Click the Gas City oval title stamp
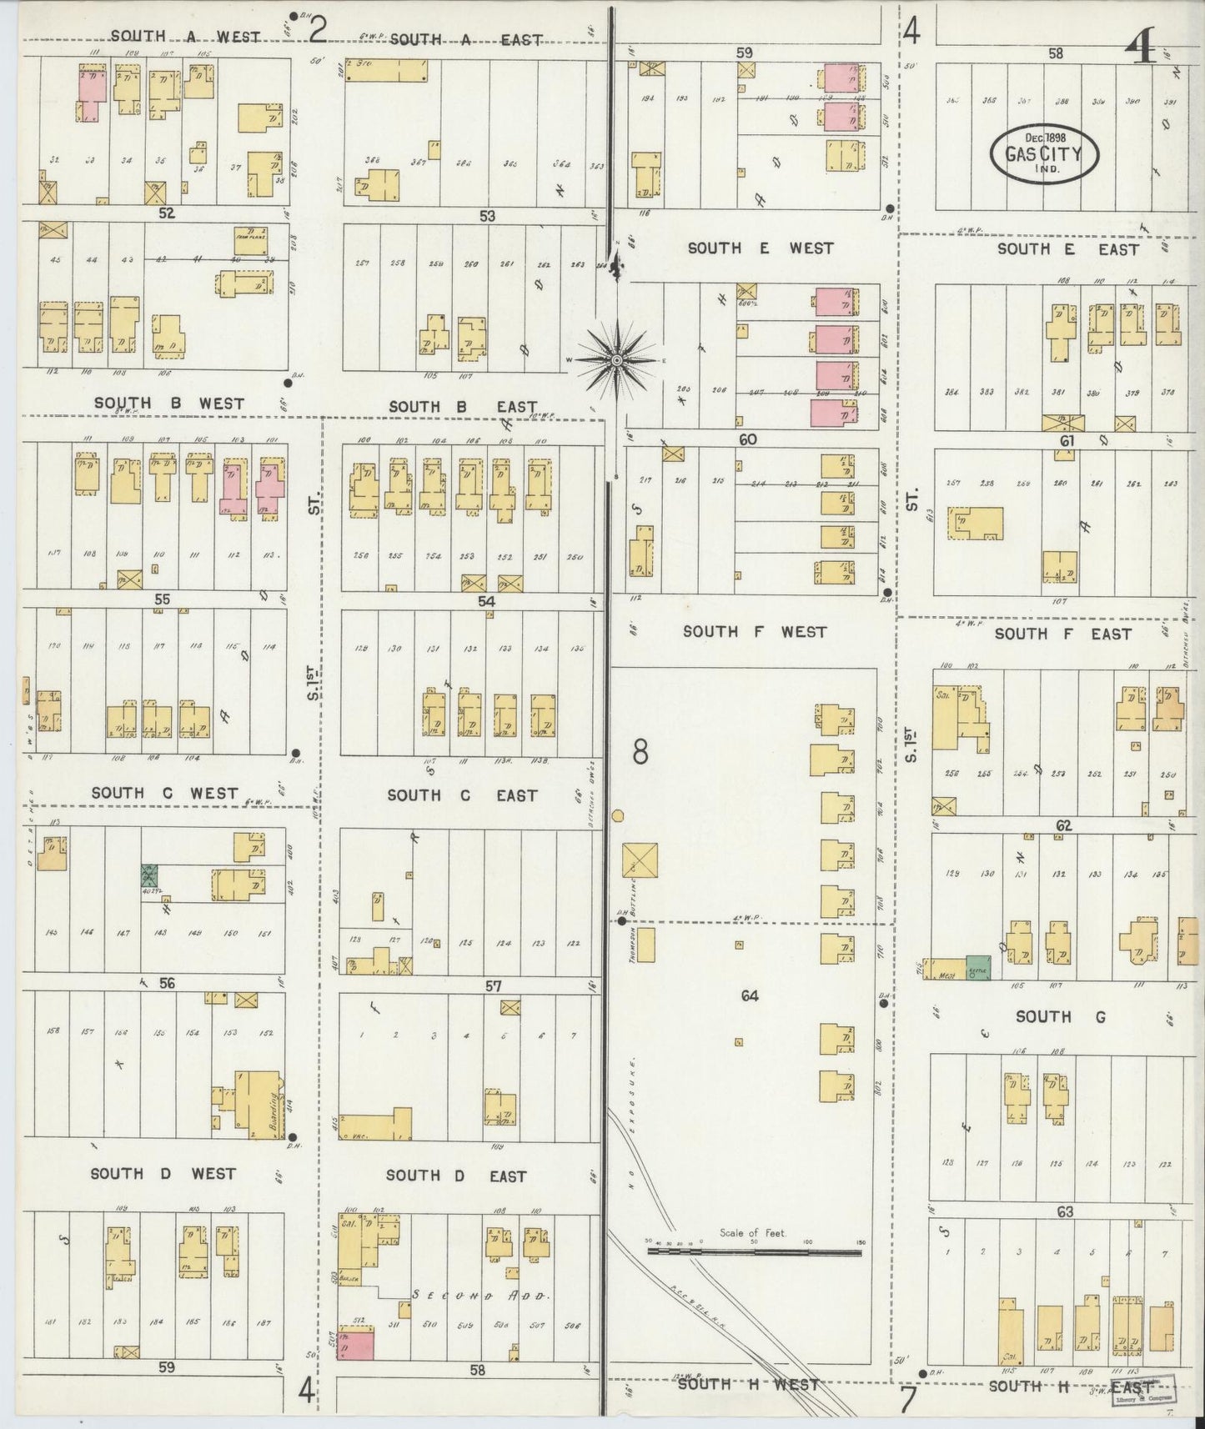tap(1044, 153)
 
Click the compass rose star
tap(615, 360)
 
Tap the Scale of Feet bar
tap(754, 1251)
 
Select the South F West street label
tap(755, 632)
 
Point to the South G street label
tap(1043, 1016)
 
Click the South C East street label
tap(462, 795)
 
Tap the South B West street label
tap(169, 404)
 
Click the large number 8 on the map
tap(640, 752)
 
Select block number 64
tap(749, 995)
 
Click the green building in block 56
tap(149, 876)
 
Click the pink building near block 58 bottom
tap(355, 1344)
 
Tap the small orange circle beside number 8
tap(618, 815)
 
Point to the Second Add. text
tap(479, 1296)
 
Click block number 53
tap(487, 216)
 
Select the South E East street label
tap(1067, 249)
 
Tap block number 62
tap(1063, 825)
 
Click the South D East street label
tap(456, 1176)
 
